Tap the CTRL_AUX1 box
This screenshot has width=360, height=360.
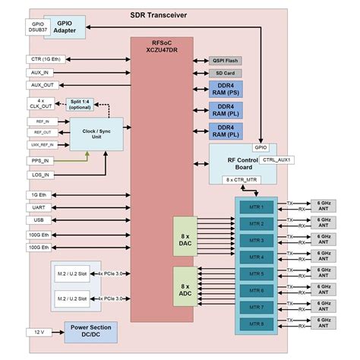pos(277,160)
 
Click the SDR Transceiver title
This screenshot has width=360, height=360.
pos(159,15)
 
